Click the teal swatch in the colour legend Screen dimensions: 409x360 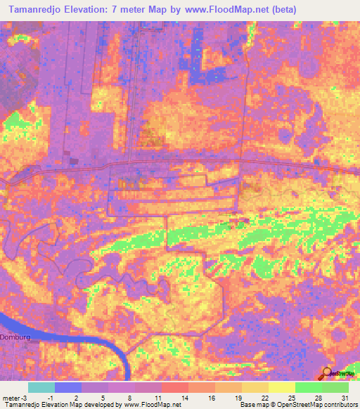coord(41,387)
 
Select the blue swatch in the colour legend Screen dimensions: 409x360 coord(68,387)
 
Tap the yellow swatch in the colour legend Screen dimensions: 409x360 coord(281,387)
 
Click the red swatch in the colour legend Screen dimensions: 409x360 coord(175,387)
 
